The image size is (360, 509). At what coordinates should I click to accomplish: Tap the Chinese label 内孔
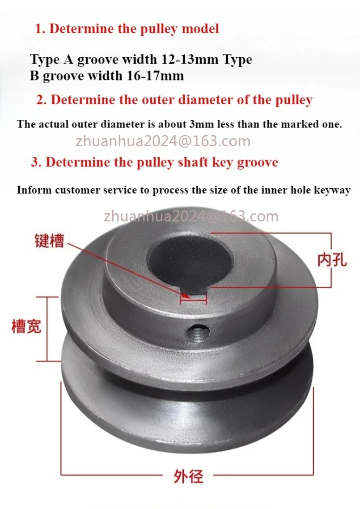(x=332, y=260)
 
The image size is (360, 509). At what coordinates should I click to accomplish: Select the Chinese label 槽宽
(x=26, y=326)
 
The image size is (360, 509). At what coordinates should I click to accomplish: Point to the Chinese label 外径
(x=188, y=476)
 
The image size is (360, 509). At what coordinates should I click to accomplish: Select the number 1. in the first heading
(x=40, y=29)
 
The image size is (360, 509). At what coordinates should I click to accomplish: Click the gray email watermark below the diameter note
(x=163, y=141)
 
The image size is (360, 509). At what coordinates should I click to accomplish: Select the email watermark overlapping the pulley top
(x=191, y=216)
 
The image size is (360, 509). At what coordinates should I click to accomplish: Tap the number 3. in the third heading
(x=36, y=162)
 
